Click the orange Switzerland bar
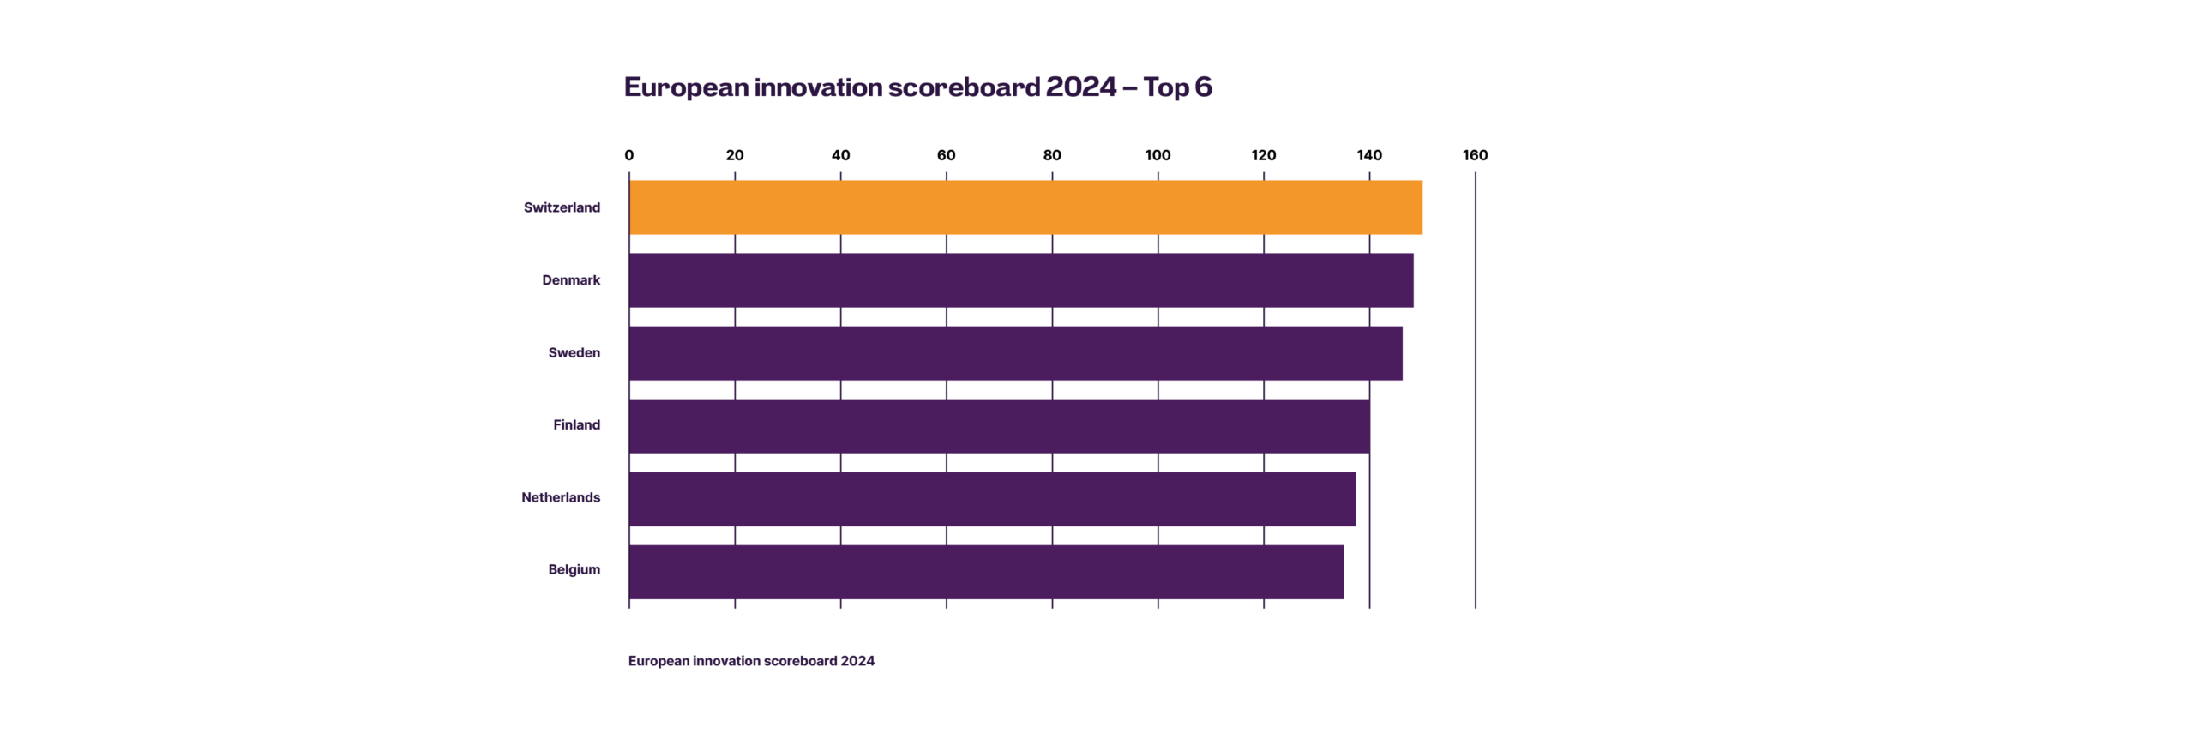(x=1025, y=207)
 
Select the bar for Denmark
(x=1020, y=280)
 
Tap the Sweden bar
(x=1016, y=353)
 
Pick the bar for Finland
(x=999, y=426)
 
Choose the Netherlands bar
(x=992, y=498)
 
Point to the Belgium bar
(x=986, y=571)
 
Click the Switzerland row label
(x=562, y=207)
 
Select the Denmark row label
(x=571, y=280)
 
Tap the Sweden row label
(x=574, y=352)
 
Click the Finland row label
(x=576, y=425)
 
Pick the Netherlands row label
(x=561, y=497)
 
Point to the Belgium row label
(x=574, y=570)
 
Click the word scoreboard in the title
(x=963, y=88)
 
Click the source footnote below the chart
(x=751, y=661)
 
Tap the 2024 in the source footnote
(x=857, y=661)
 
